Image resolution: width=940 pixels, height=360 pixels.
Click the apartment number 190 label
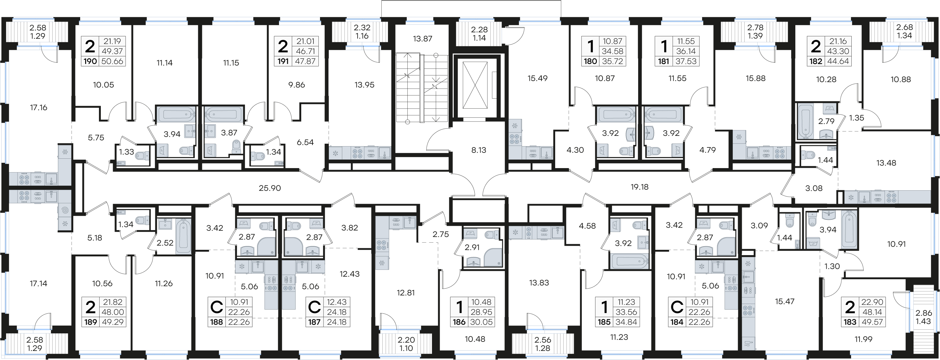click(90, 61)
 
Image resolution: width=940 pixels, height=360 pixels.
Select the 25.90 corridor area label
click(270, 188)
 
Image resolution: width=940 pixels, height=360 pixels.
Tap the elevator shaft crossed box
click(475, 85)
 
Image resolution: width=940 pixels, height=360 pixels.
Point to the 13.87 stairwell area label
click(423, 39)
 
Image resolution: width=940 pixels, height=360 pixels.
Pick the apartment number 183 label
click(850, 322)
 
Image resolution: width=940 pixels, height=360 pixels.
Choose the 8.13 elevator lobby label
click(479, 150)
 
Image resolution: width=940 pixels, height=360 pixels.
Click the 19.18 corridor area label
click(639, 187)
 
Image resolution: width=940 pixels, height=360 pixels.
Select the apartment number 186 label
click(459, 322)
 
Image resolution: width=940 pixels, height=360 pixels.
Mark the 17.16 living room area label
click(39, 108)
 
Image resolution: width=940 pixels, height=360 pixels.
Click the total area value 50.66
click(112, 61)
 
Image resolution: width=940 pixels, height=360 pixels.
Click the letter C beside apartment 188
click(217, 307)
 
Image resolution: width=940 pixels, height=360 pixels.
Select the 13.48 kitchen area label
click(886, 163)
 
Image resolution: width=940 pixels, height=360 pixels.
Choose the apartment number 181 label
click(664, 61)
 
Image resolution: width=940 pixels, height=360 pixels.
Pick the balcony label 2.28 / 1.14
click(479, 34)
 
